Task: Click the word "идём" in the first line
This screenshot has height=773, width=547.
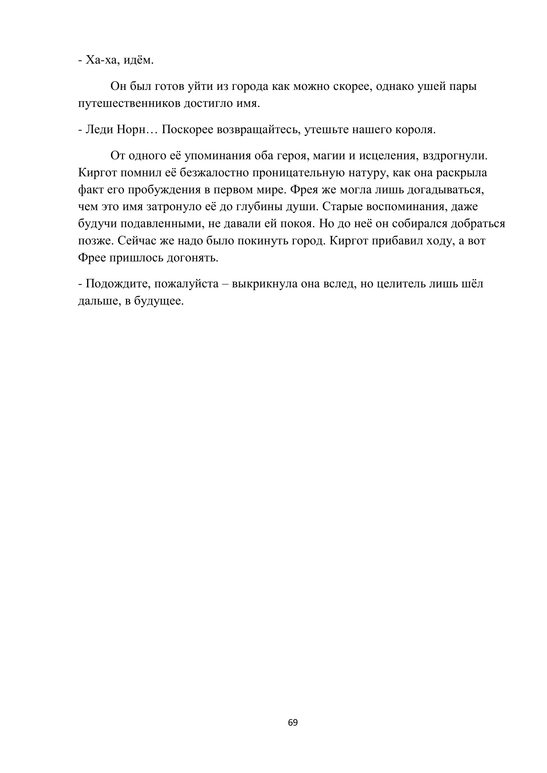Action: pos(138,60)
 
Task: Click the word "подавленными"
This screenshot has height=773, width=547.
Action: pos(162,224)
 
